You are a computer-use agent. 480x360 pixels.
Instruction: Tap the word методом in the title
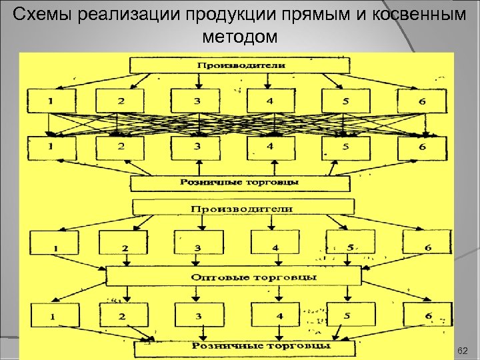pos(239,37)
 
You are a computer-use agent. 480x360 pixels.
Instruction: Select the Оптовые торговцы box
pos(233,276)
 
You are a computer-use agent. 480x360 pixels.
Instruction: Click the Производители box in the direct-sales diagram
pos(241,65)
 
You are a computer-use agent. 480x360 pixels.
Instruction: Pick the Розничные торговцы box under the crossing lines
pos(240,182)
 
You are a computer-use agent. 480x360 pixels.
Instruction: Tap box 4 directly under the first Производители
pos(270,101)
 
